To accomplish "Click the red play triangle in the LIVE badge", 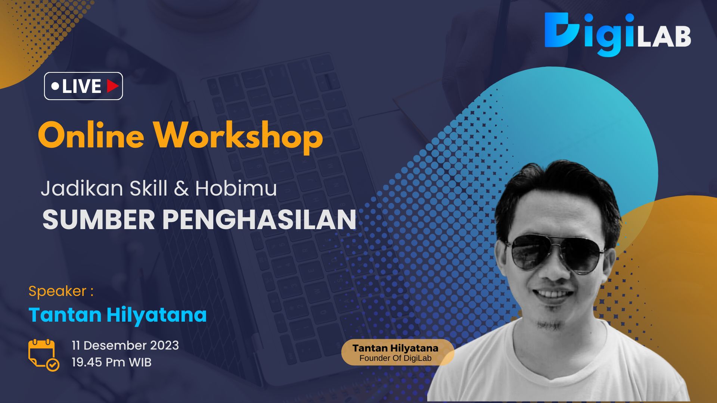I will click(x=112, y=86).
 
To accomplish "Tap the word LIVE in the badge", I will click(x=81, y=87).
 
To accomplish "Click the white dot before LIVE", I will click(x=55, y=87).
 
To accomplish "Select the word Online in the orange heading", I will click(x=91, y=136).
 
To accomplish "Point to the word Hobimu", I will click(x=236, y=188).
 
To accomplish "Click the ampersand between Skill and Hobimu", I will click(x=181, y=189).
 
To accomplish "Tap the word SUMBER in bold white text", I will click(x=99, y=219).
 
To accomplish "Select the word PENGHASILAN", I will click(x=259, y=219).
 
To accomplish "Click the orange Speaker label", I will click(x=60, y=291).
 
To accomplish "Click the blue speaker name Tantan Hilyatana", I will click(x=118, y=315).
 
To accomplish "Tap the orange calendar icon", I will click(x=41, y=353).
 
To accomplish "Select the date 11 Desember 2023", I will click(x=125, y=345).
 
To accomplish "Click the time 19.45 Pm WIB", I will click(x=111, y=362).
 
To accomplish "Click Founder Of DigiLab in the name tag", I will click(x=395, y=358).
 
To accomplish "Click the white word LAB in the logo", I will click(x=664, y=37).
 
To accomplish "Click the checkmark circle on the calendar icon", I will click(x=53, y=364).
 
